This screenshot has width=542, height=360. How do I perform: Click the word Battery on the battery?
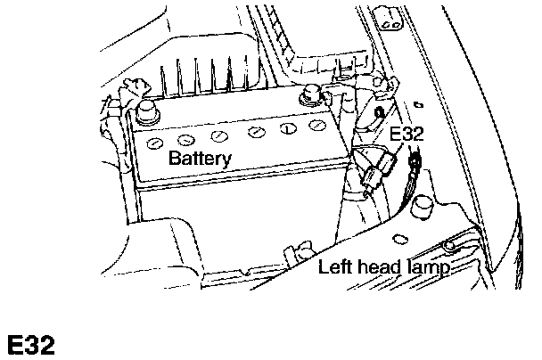tap(200, 160)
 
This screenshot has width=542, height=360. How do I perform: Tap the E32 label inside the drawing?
tap(406, 135)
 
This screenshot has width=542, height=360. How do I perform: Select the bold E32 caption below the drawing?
tap(31, 345)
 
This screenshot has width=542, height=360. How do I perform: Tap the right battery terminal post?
tap(314, 93)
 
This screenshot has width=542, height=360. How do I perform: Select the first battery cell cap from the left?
tap(154, 144)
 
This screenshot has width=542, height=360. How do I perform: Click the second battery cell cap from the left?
tap(186, 140)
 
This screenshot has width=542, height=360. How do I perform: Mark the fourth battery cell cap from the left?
tap(256, 132)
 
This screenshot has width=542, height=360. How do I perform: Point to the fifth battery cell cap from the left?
tap(286, 128)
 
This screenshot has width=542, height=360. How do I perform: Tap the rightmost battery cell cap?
tap(314, 126)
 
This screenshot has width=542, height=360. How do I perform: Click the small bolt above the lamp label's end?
tap(448, 243)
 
